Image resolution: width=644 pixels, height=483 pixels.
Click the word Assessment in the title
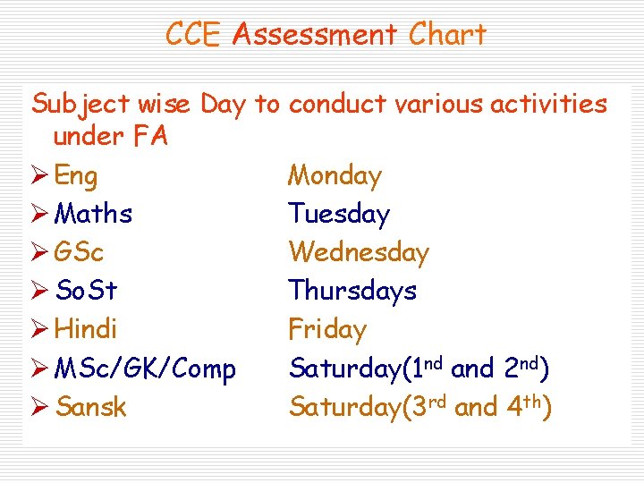coord(314,34)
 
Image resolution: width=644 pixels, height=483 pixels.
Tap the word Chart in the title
coord(447,34)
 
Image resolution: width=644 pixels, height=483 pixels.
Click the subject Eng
coord(76,176)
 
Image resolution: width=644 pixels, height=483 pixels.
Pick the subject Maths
coord(93,214)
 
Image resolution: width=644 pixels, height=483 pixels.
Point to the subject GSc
coord(79,252)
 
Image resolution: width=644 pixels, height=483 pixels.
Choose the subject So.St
coord(86,291)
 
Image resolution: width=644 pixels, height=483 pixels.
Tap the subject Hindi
coord(86,329)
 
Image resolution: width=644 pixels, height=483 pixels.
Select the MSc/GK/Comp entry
coord(145,369)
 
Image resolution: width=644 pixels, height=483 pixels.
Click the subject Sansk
coord(90,407)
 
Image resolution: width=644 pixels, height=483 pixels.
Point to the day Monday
coord(335,176)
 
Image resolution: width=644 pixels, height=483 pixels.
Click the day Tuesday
coord(339,214)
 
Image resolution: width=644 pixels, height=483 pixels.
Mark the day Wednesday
coord(359,252)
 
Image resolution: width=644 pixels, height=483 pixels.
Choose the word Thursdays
coord(352,291)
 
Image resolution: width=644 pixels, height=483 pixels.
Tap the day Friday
coord(327,329)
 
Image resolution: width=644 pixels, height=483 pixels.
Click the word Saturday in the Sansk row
coord(343,408)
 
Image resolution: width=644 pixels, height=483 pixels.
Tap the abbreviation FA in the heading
coord(150,137)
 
